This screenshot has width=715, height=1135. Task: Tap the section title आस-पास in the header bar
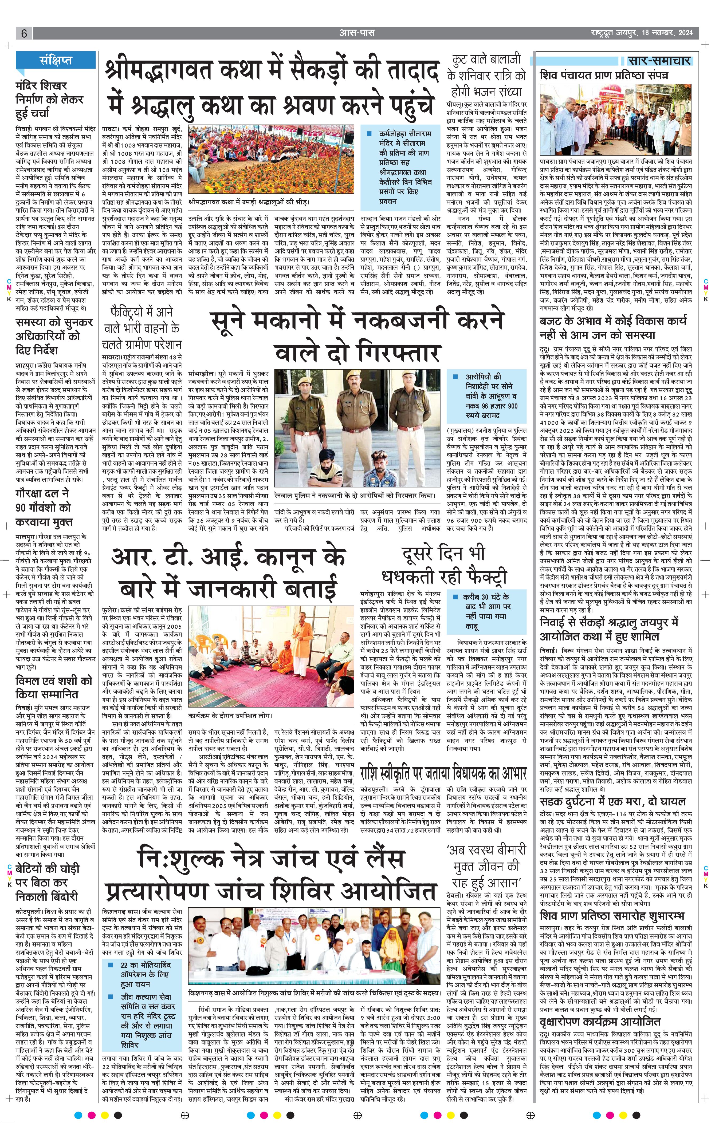tap(357, 33)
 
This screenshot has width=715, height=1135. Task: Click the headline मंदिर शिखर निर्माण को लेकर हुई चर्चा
tap(49, 100)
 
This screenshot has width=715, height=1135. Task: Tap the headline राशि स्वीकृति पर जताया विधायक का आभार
tap(443, 773)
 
